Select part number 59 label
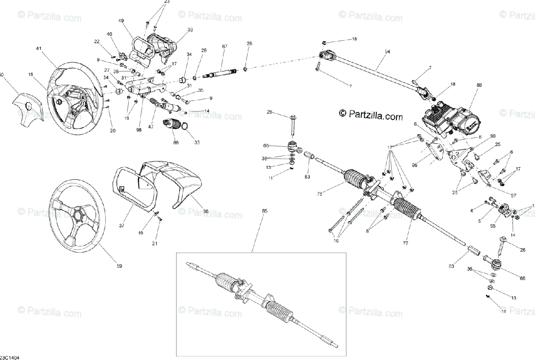point(119,266)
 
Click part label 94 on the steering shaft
point(387,52)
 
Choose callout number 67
point(224,47)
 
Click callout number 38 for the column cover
point(206,212)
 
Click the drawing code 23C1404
point(10,357)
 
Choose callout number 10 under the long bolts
point(336,241)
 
